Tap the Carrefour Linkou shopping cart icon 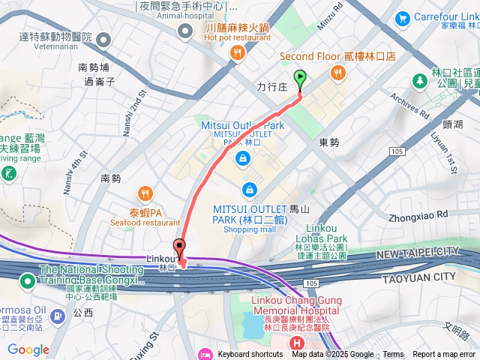coord(403,17)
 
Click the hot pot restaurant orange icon coord(238,52)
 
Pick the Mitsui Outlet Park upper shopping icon coord(242,158)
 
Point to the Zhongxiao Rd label coord(418,214)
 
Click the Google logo coord(28,349)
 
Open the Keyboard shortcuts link coord(250,355)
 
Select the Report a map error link coord(444,355)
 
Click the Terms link coord(393,355)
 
